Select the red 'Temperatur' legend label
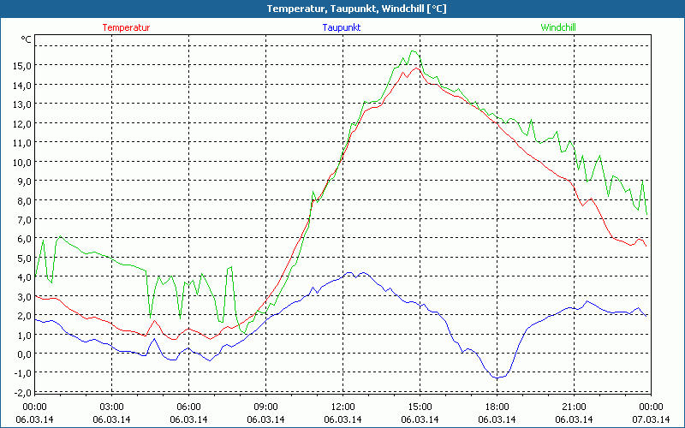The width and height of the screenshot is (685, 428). [x=126, y=27]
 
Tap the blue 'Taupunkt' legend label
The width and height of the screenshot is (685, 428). [x=342, y=27]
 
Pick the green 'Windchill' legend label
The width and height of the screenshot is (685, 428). [x=558, y=27]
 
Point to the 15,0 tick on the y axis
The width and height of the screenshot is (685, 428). [x=21, y=65]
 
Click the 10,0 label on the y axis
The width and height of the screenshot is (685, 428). [x=21, y=162]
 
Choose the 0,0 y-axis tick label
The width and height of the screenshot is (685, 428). [x=22, y=354]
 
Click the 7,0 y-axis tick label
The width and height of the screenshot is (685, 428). [x=23, y=219]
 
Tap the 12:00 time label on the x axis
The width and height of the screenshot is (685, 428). [x=342, y=407]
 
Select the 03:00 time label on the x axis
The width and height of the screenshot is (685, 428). [x=112, y=407]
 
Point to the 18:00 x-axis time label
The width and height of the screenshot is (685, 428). [x=497, y=407]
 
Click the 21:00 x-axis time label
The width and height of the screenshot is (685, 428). [x=574, y=407]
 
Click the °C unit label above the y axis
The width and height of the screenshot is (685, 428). [x=27, y=39]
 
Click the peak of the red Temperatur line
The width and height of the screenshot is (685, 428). [x=415, y=68]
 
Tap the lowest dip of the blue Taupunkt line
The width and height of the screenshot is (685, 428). [x=497, y=377]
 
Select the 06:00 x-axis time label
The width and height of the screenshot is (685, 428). [x=189, y=407]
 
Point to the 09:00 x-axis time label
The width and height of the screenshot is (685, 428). [x=265, y=407]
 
